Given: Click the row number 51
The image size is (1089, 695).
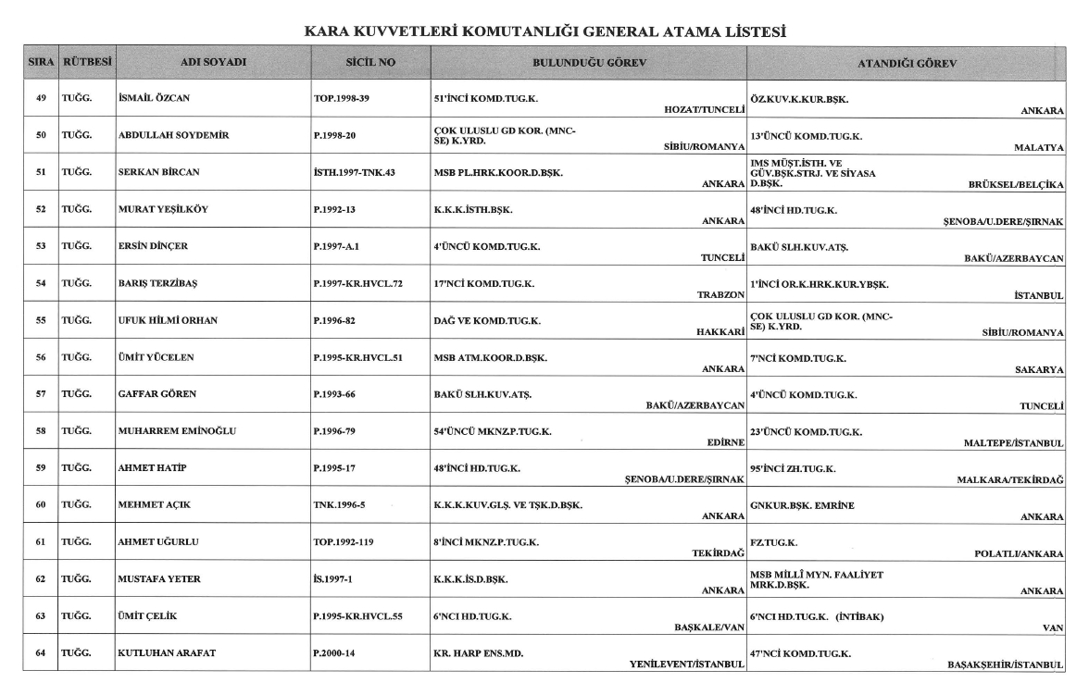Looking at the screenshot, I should click(x=41, y=172).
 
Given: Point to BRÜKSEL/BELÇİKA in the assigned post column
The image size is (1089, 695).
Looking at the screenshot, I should click(x=1016, y=184).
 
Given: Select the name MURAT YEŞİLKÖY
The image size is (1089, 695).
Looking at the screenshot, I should click(x=164, y=208).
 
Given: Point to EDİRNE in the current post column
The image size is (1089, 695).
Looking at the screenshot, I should click(x=726, y=442).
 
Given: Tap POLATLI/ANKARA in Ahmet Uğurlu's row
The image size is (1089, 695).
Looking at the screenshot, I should click(x=1019, y=553).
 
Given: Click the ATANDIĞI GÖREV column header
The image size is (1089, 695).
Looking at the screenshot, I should click(x=906, y=63).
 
